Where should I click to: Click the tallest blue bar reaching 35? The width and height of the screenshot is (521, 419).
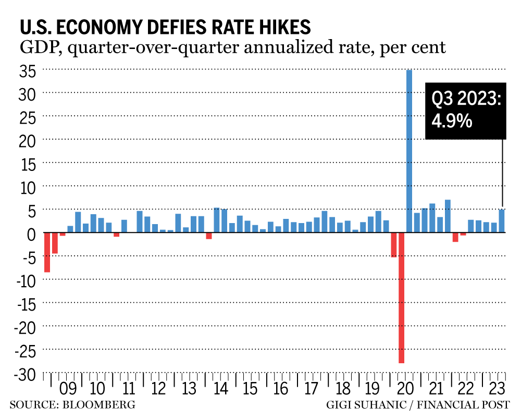409,151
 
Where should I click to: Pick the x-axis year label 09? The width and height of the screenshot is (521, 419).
68,389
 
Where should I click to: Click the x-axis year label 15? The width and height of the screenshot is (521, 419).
251,389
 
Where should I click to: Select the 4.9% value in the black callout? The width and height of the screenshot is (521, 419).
452,121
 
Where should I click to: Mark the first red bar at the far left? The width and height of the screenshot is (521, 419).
47,252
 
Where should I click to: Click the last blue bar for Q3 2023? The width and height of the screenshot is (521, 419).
501,221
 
